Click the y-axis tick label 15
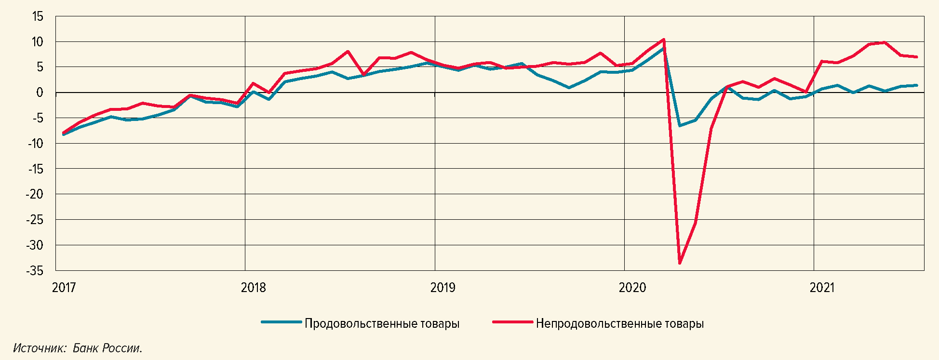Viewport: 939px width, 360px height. [38, 17]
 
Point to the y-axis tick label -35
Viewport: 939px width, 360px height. [35, 271]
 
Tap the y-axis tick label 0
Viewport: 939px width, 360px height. [40, 93]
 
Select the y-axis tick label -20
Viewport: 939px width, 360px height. [35, 194]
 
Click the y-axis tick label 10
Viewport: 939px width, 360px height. [38, 42]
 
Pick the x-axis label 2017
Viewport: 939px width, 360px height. [64, 288]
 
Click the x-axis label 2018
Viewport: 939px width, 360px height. [254, 288]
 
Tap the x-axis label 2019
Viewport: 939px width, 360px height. [443, 288]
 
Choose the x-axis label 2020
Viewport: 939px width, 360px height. [632, 288]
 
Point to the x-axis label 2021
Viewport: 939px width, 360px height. [822, 288]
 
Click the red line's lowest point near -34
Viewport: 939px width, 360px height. [680, 263]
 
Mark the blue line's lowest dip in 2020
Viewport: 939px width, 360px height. [680, 125]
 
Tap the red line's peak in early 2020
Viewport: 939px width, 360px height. [664, 40]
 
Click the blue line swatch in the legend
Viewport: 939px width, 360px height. [282, 322]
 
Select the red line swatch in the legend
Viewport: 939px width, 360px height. [512, 322]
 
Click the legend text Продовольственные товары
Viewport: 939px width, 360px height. [382, 323]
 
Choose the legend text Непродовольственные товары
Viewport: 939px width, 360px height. [619, 323]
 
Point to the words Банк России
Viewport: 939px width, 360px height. [107, 348]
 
